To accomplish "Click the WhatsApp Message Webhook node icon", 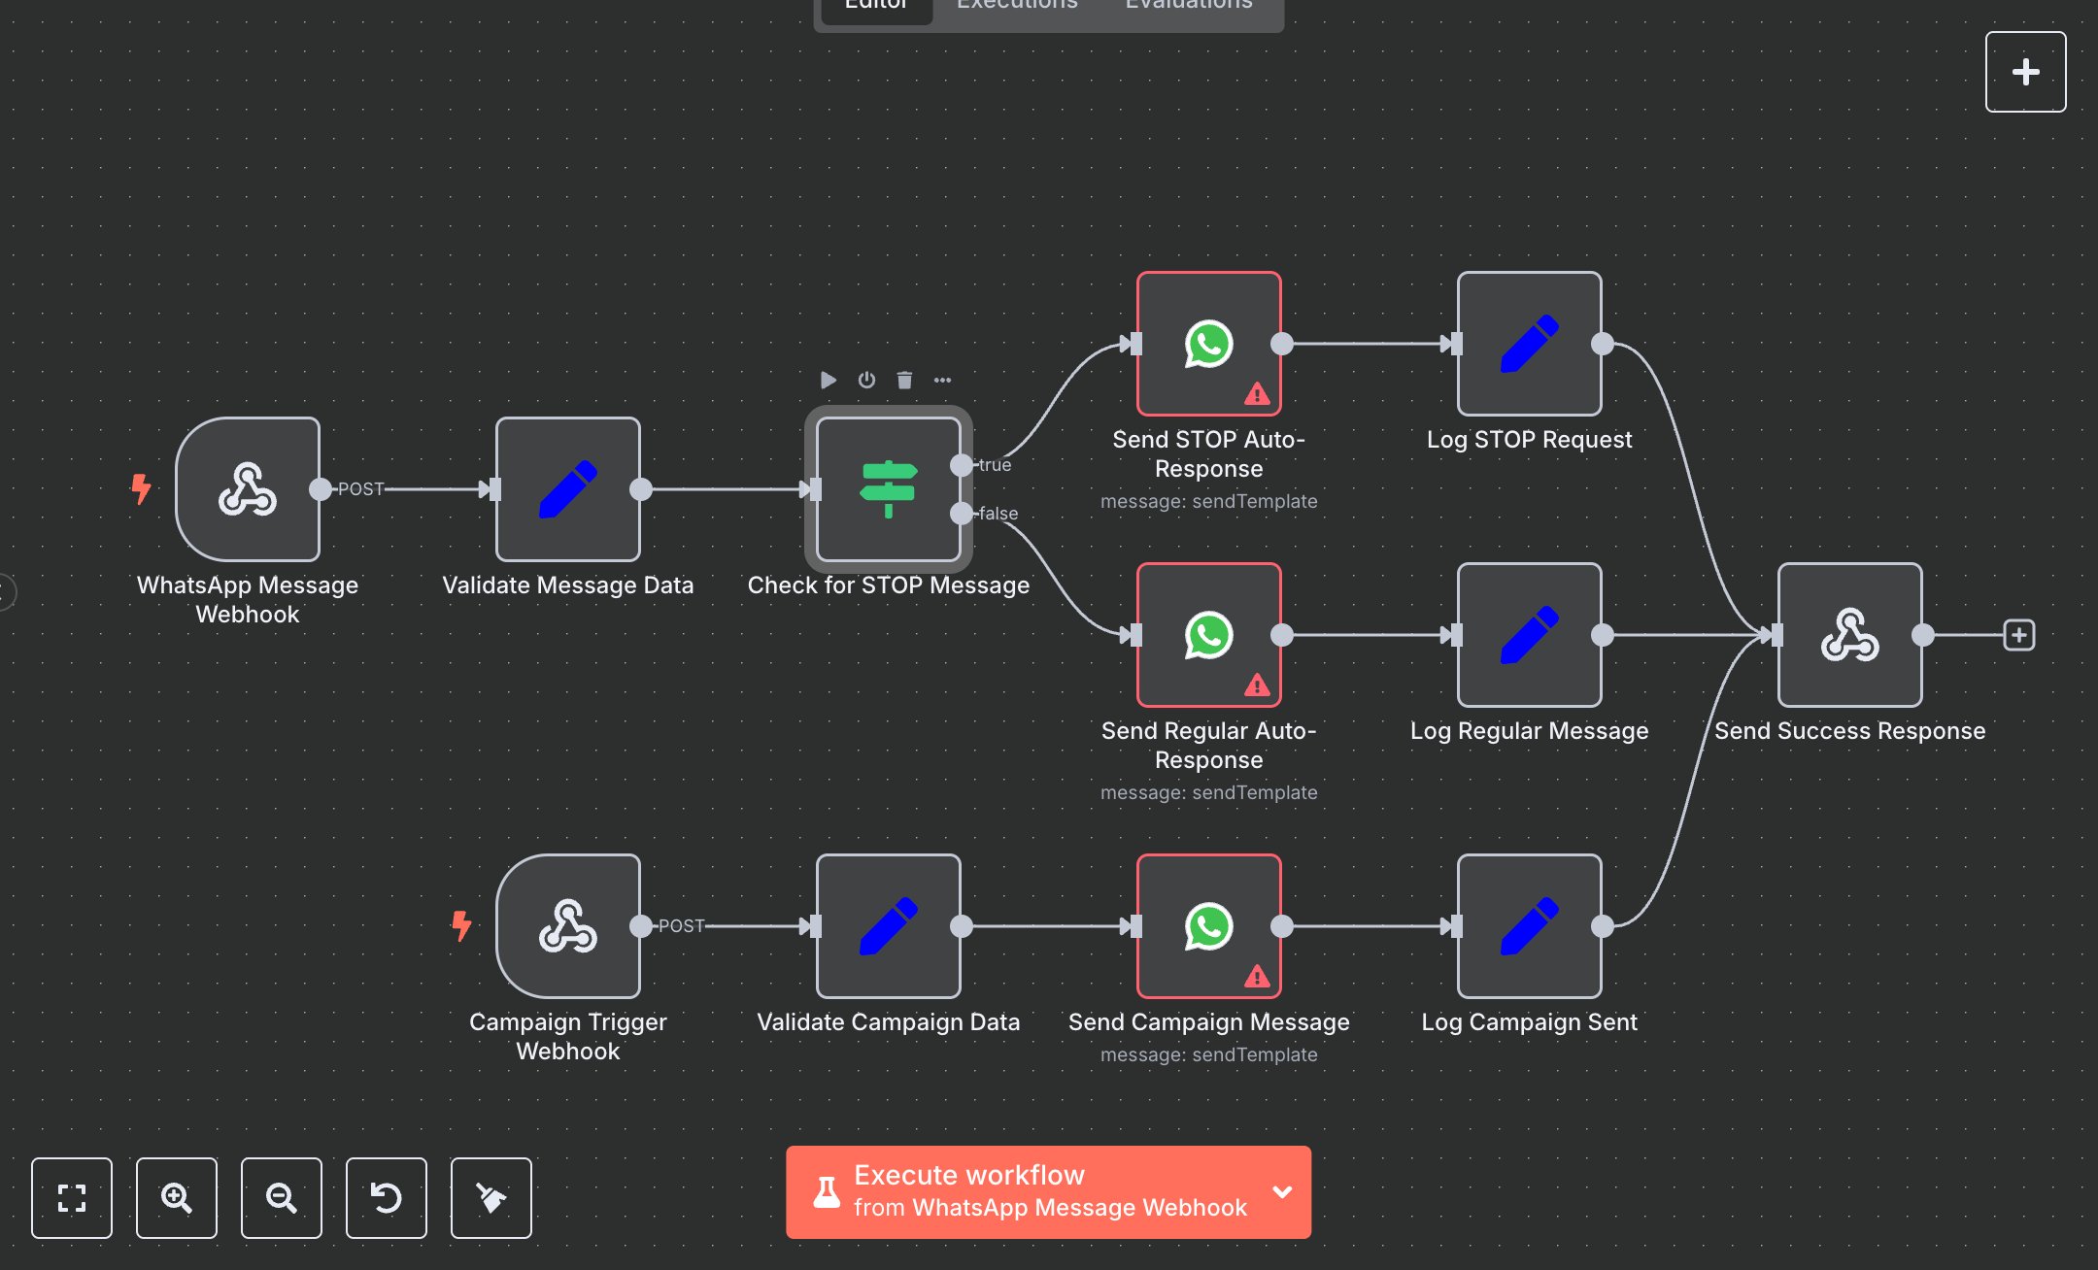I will (248, 488).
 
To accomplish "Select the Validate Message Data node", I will (568, 488).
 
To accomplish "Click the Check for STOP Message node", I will (888, 488).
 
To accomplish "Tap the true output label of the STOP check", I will (995, 465).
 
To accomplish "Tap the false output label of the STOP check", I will (998, 514).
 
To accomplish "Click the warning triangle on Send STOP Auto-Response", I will (1257, 394).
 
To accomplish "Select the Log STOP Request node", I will (1529, 344).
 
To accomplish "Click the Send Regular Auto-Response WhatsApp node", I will (1208, 635).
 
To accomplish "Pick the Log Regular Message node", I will (1529, 635).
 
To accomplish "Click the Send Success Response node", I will (1849, 635).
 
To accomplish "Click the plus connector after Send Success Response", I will (2018, 635).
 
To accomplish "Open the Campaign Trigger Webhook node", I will (568, 925).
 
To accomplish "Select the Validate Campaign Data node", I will (888, 925).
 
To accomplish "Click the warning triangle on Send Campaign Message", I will (1257, 977).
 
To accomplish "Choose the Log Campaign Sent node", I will (1529, 925).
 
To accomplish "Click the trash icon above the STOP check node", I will (904, 380).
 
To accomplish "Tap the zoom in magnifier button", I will (176, 1198).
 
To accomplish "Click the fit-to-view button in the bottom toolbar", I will (72, 1198).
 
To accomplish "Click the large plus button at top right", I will (2025, 72).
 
